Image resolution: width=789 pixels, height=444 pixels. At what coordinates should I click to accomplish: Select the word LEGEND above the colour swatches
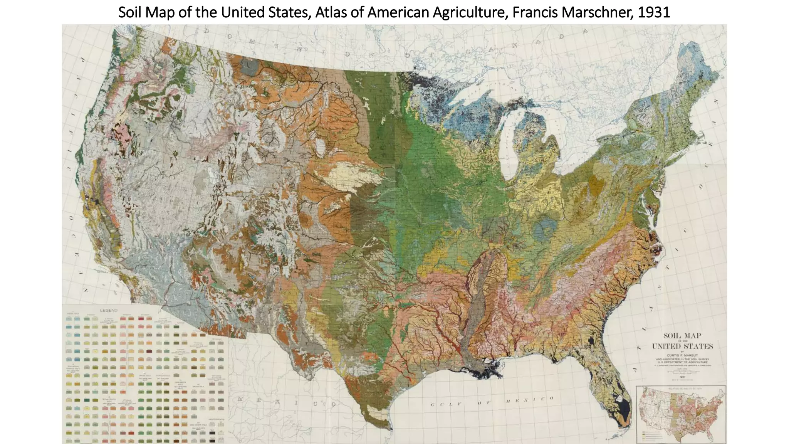tap(109, 310)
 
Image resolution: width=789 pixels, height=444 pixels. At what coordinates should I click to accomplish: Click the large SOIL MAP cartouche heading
tap(682, 336)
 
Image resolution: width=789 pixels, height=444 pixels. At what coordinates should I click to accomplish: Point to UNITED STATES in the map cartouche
tap(682, 346)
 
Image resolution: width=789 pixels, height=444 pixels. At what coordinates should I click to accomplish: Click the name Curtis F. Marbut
tap(682, 355)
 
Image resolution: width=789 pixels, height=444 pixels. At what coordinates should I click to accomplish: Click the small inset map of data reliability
tap(681, 414)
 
